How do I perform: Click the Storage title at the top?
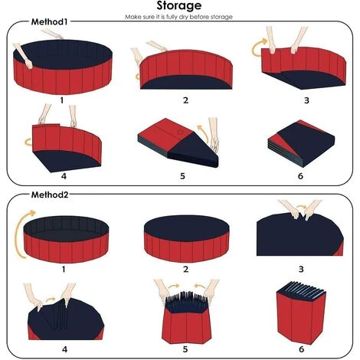(x=179, y=5)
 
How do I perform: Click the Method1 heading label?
(x=50, y=22)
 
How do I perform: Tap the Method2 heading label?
(x=50, y=195)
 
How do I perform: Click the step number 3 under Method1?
(x=306, y=100)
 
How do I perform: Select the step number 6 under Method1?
(x=300, y=176)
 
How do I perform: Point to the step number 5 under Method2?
(x=185, y=349)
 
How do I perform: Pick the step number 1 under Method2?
(x=64, y=269)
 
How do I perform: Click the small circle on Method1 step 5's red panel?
(x=180, y=133)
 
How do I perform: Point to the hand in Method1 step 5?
(x=214, y=136)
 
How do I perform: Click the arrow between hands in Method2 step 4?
(x=51, y=299)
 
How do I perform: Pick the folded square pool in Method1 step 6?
(x=301, y=143)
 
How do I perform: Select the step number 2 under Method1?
(x=185, y=100)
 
